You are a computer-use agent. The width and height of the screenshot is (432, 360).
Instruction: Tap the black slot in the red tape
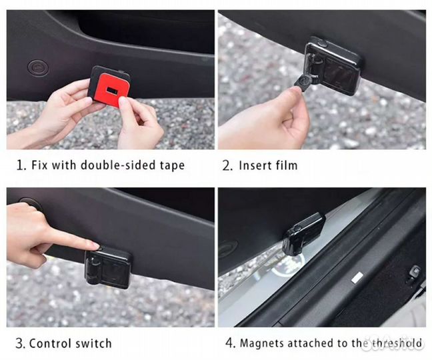coord(112,90)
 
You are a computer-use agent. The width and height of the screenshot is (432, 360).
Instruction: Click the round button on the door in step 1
coord(38,67)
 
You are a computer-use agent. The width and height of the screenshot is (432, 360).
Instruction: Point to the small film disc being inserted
coord(302,81)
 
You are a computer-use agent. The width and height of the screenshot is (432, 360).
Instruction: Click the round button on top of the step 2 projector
coord(322,43)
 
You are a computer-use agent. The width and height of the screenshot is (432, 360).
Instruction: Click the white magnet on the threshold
coord(357,277)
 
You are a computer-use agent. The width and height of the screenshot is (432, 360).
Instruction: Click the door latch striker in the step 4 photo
coord(413,274)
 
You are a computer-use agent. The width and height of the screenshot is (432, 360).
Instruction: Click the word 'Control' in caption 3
coord(51,343)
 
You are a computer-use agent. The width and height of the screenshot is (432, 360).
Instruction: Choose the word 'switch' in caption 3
coord(94,343)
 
